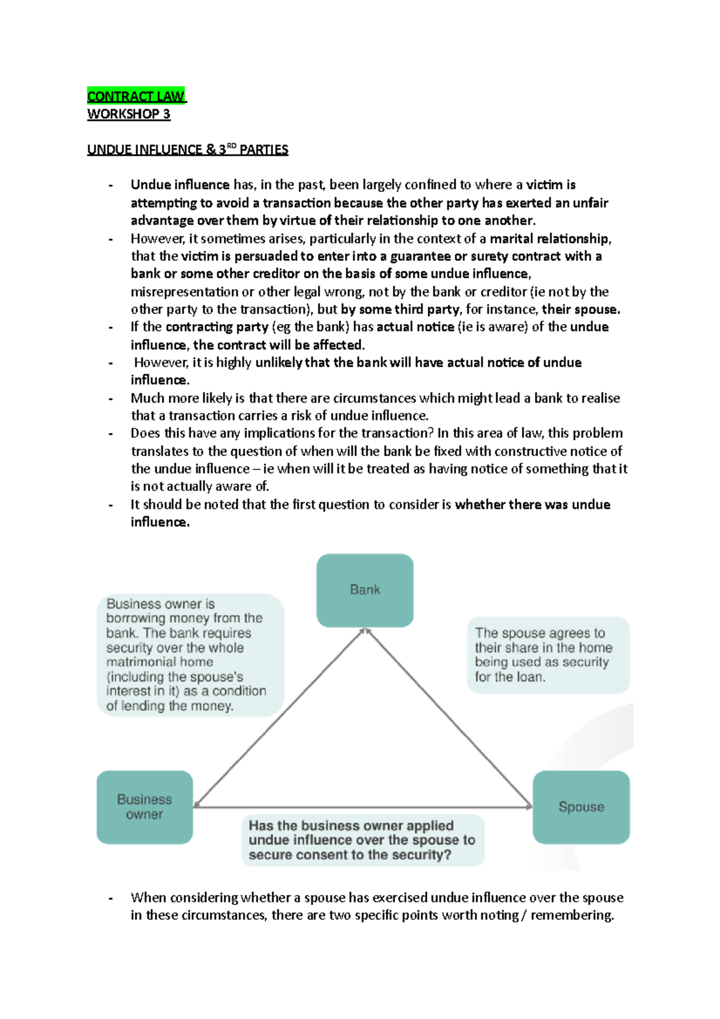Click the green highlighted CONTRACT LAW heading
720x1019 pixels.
[x=136, y=96]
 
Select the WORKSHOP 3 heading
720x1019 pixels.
[x=128, y=114]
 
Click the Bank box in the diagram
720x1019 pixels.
[x=365, y=590]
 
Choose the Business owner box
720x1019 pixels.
[x=145, y=807]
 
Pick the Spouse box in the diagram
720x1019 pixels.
[x=581, y=807]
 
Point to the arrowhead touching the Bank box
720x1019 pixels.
[x=365, y=631]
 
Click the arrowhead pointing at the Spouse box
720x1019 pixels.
[x=528, y=806]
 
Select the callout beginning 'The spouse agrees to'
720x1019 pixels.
[x=548, y=655]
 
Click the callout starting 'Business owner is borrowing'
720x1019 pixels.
[x=190, y=655]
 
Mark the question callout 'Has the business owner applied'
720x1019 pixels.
[x=362, y=840]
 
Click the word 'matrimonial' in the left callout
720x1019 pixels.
[x=160, y=662]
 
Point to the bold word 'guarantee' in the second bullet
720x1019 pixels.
[x=420, y=256]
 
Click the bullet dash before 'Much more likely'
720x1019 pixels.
[x=110, y=398]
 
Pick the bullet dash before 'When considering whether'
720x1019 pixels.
[x=110, y=898]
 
